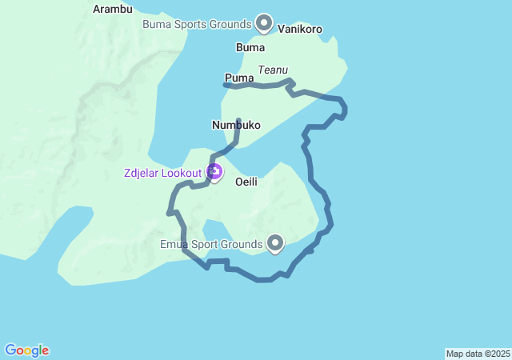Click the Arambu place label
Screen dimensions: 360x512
tap(112, 10)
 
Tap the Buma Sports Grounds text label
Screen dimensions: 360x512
tap(197, 24)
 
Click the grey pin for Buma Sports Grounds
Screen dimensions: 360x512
tap(263, 22)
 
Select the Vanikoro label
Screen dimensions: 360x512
tap(300, 30)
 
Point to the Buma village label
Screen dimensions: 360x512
tap(250, 48)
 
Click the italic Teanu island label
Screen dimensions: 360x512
tap(273, 70)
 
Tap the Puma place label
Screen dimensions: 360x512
tap(239, 78)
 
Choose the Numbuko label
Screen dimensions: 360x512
tap(232, 125)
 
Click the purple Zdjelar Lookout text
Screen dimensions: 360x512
tap(162, 173)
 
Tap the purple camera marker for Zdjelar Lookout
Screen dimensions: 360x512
tap(214, 171)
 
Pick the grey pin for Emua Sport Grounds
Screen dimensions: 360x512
tap(275, 242)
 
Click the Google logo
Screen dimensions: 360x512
tap(26, 350)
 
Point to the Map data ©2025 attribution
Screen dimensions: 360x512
tap(478, 354)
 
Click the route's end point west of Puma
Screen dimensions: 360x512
tap(225, 85)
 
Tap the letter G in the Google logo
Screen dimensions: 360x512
tap(10, 350)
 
